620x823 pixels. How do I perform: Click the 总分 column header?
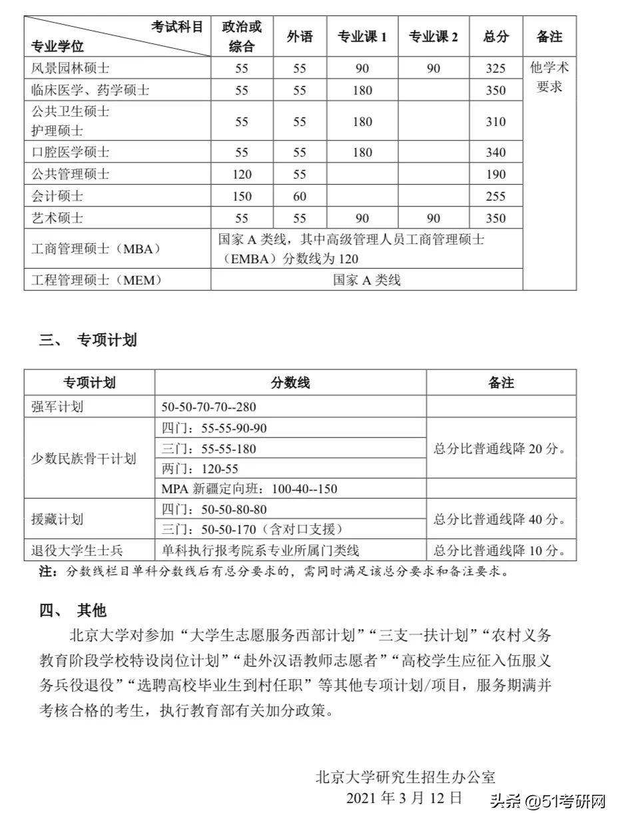[495, 37]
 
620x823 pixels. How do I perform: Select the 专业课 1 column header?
[362, 37]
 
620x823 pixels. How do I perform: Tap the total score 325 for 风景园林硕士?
[495, 69]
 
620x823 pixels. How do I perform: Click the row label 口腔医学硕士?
[71, 153]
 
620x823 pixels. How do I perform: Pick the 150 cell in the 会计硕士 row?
[242, 197]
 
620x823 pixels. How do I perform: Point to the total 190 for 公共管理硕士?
[495, 175]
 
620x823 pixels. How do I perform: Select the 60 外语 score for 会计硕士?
[300, 197]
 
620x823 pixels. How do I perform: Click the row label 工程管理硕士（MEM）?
[97, 281]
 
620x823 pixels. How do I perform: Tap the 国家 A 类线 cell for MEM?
[367, 281]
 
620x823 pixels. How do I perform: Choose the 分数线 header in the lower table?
[290, 383]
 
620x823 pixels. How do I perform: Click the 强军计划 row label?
[57, 407]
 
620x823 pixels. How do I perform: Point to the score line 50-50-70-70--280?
[209, 407]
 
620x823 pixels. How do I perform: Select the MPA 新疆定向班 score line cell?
[249, 488]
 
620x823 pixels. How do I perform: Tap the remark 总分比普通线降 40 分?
[500, 519]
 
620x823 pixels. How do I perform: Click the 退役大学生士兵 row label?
[77, 550]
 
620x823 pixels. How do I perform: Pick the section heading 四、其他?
[73, 610]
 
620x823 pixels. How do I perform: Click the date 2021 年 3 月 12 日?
[404, 798]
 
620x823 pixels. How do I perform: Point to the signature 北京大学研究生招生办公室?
[406, 777]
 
